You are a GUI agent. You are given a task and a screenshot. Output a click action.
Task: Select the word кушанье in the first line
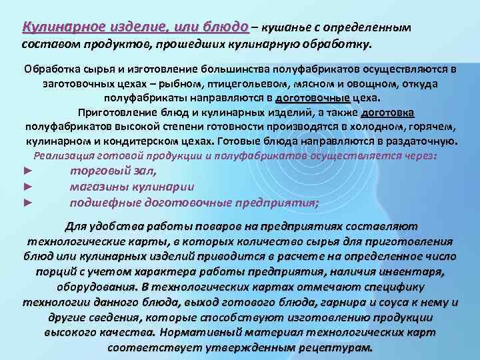[285, 28]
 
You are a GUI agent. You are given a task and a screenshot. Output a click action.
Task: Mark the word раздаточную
[425, 141]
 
